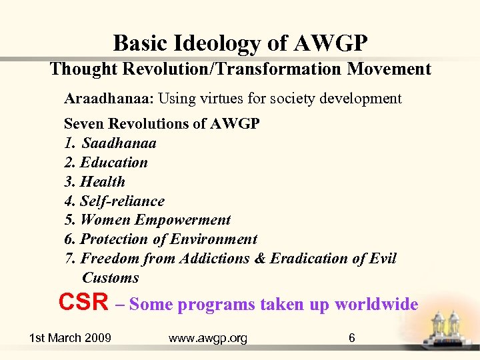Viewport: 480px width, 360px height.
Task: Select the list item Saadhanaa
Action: (x=119, y=143)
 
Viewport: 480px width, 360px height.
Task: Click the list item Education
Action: (x=114, y=163)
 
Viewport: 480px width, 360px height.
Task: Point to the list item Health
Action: (x=103, y=182)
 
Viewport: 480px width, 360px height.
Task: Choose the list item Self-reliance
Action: (x=122, y=201)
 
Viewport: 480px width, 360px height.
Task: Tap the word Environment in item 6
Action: (x=213, y=239)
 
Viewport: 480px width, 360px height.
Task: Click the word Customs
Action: (x=110, y=278)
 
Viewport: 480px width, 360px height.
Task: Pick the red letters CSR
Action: (x=83, y=303)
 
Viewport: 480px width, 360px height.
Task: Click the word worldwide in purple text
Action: (x=376, y=305)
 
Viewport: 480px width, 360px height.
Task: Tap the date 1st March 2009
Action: (x=70, y=338)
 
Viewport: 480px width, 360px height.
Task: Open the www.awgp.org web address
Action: (x=208, y=338)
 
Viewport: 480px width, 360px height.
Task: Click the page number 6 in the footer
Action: (x=352, y=338)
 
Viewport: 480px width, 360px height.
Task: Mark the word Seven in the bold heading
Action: (x=85, y=124)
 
